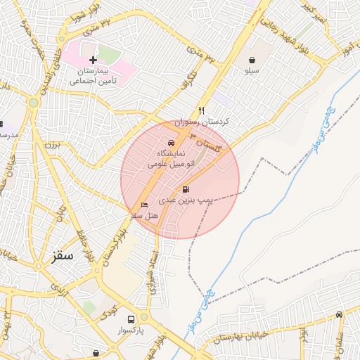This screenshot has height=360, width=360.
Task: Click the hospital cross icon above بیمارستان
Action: coord(93,60)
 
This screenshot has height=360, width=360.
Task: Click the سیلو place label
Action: coord(252,71)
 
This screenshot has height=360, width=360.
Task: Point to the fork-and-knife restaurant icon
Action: coord(202,110)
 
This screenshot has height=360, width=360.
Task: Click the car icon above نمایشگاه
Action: coord(171,143)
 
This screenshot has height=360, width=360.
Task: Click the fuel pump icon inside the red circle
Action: coord(186,189)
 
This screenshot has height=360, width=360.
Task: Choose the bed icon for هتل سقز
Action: coord(145,205)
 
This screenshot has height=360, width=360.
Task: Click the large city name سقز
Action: coord(62,255)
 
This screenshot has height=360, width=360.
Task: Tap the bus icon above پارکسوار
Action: coord(130,318)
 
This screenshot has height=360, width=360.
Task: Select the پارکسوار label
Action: coord(130,329)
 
